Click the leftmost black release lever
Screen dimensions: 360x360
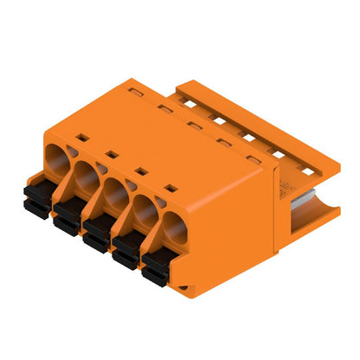point(36,196)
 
